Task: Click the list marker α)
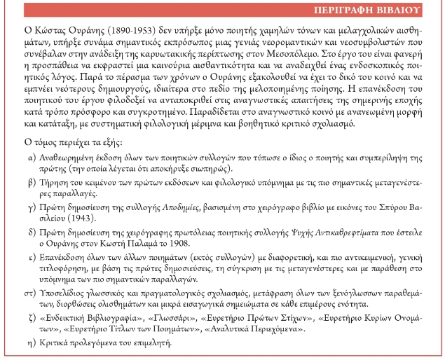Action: [x=32, y=158]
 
